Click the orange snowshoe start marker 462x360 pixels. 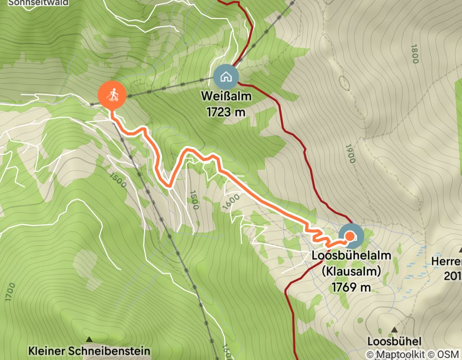(x=112, y=95)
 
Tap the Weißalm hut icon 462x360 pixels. (x=226, y=77)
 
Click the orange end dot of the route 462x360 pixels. (x=350, y=236)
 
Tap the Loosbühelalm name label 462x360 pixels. (x=351, y=256)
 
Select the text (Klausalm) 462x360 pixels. (x=351, y=271)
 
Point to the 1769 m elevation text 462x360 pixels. (x=351, y=287)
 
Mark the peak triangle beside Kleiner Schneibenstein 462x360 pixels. (x=90, y=339)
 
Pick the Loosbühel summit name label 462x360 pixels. (x=395, y=341)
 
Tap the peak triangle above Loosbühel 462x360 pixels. (x=395, y=329)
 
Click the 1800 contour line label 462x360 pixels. (x=415, y=53)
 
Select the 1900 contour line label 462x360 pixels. (x=351, y=153)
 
